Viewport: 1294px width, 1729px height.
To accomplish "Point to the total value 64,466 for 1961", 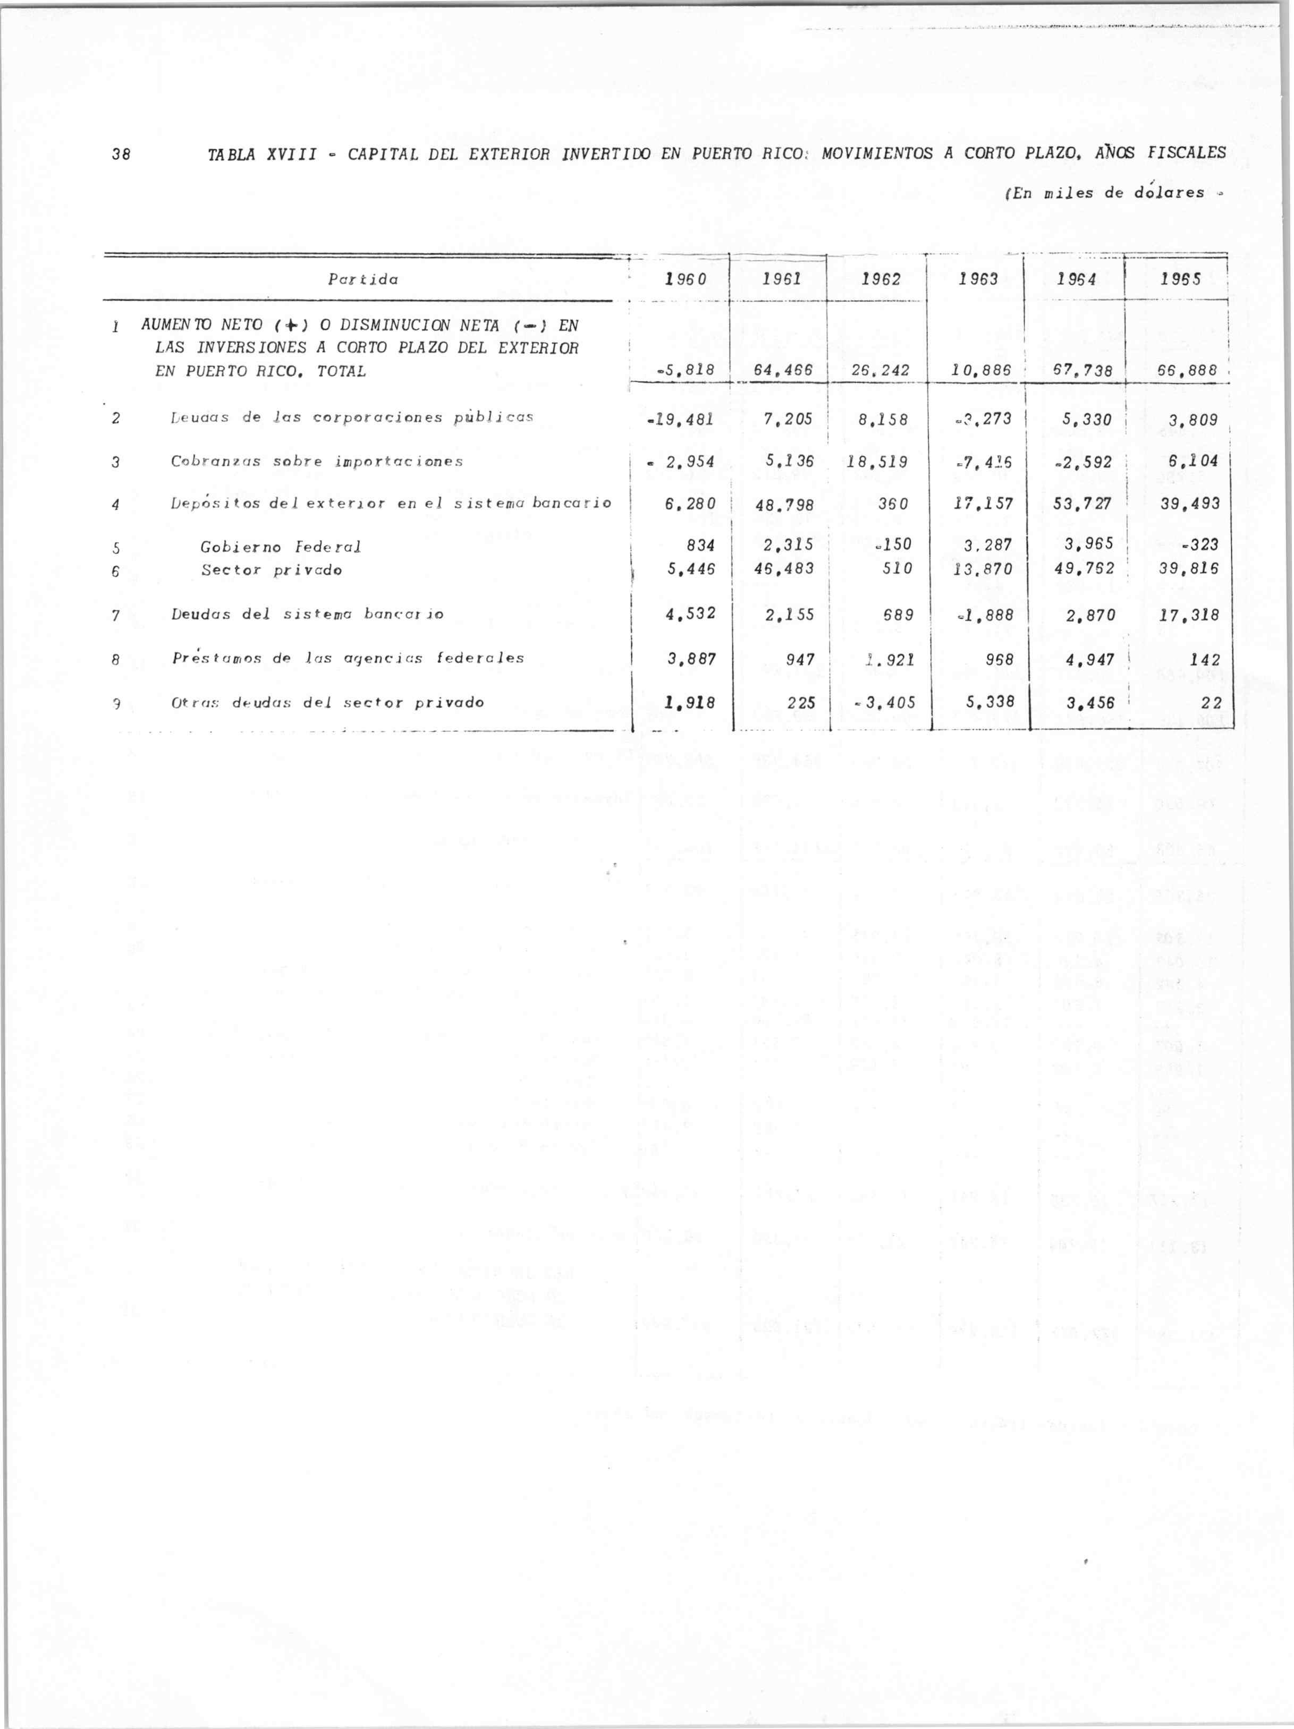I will point(783,371).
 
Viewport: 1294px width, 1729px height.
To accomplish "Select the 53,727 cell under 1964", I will point(1081,504).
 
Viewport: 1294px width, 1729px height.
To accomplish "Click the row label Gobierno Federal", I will point(281,547).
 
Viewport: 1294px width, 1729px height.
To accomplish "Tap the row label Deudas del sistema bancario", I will point(307,615).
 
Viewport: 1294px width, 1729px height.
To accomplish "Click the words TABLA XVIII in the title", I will point(261,155).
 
